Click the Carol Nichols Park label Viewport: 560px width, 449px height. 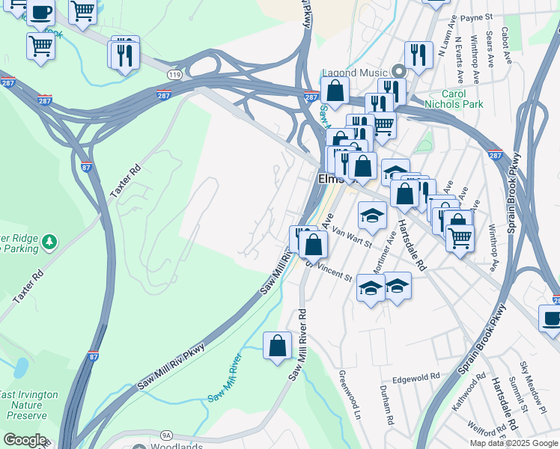(464, 100)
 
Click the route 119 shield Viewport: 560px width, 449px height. (174, 76)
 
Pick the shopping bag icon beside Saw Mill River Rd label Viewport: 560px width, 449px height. (277, 346)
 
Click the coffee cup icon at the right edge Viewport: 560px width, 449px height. (552, 317)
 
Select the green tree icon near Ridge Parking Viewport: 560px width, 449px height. (49, 242)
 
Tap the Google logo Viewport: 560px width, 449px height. (24, 440)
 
